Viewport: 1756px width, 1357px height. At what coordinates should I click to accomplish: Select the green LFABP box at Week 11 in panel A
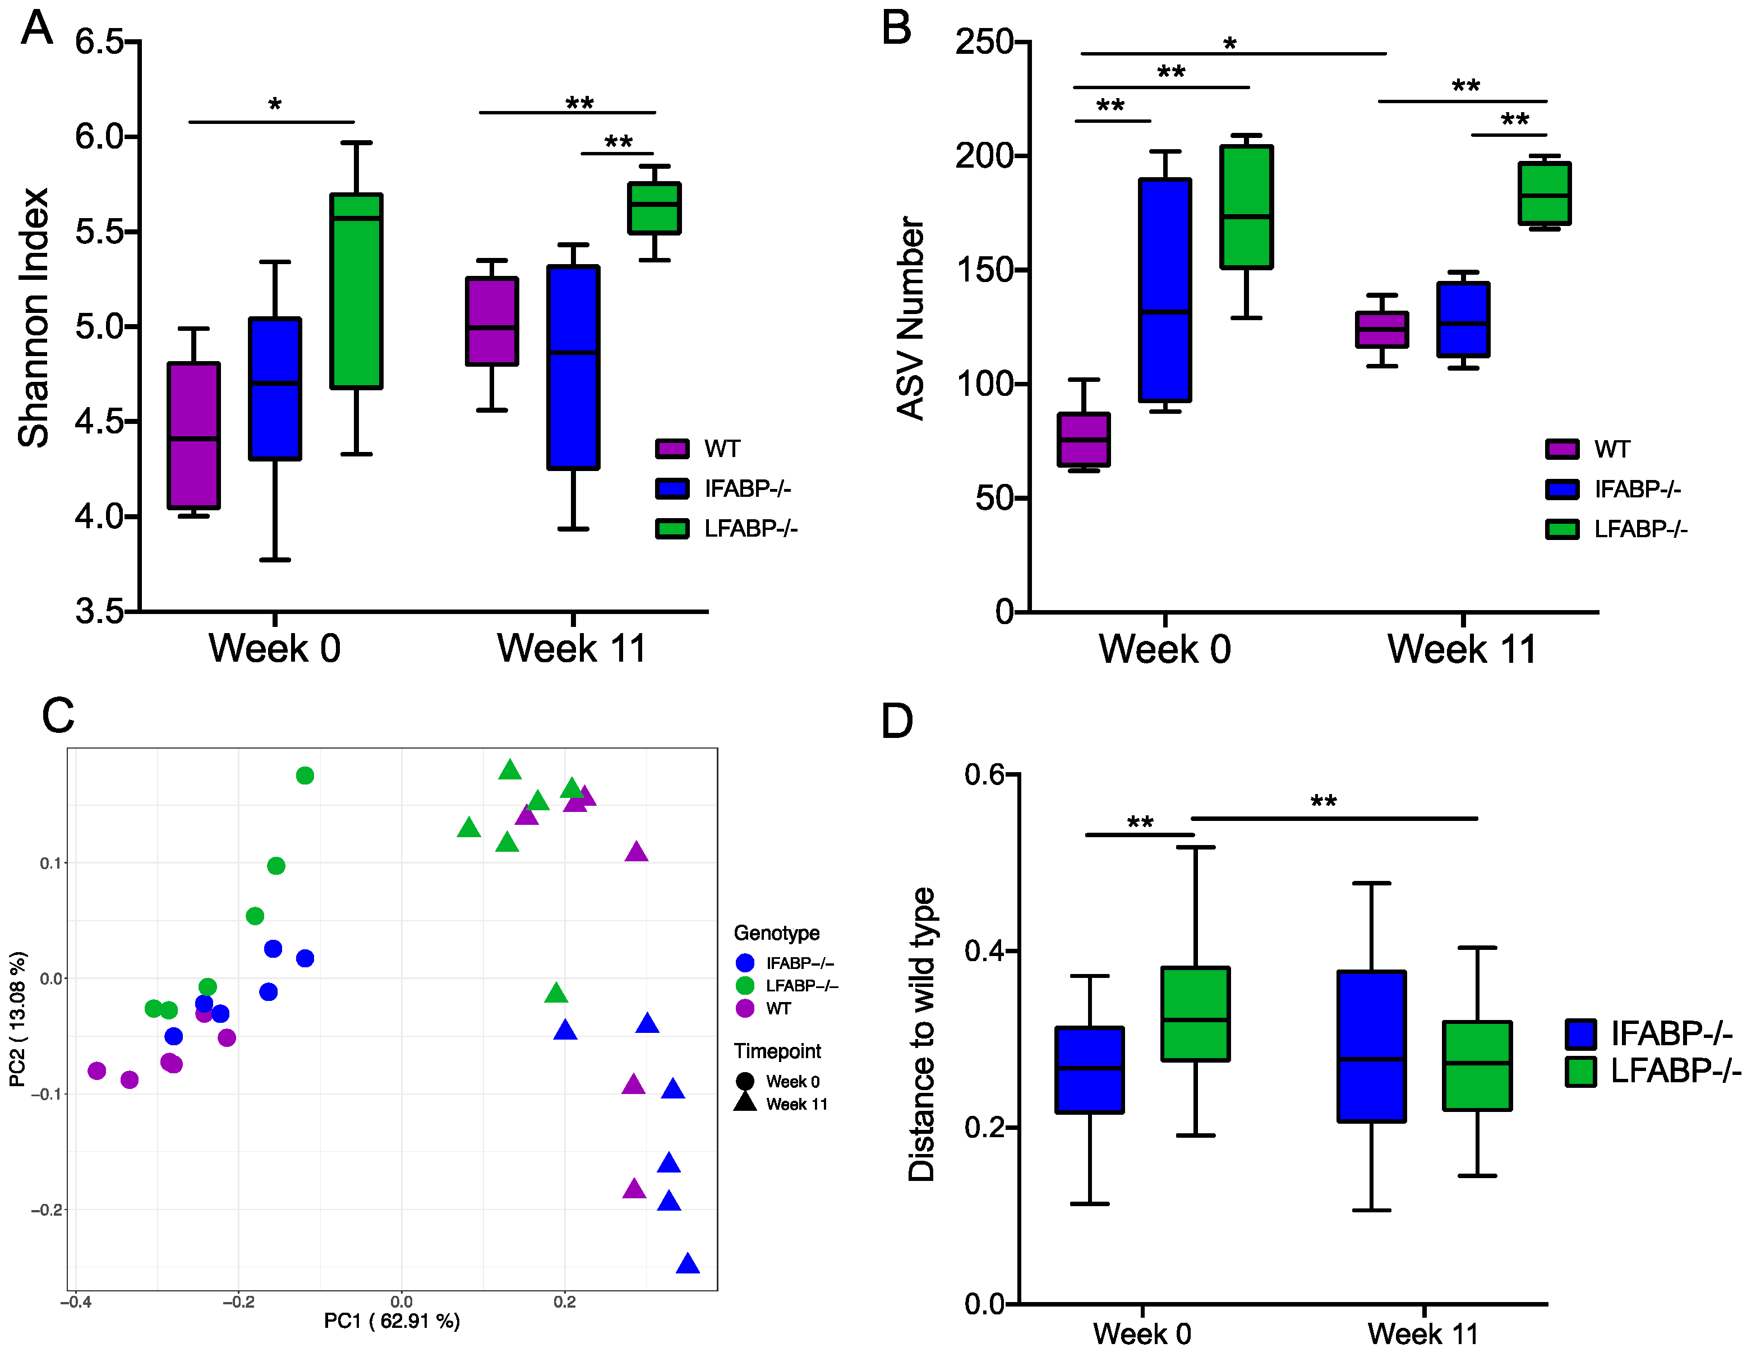click(x=654, y=208)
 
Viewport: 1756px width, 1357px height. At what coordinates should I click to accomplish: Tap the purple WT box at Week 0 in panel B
click(x=1084, y=440)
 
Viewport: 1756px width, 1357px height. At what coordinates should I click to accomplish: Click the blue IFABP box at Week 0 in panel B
click(x=1165, y=289)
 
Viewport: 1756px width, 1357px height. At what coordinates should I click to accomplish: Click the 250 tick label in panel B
click(x=984, y=42)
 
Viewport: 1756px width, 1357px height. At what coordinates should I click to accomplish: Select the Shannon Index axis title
click(x=34, y=317)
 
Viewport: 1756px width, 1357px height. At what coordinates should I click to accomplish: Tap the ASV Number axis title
click(x=911, y=317)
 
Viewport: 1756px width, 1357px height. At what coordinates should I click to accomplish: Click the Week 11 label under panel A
click(x=571, y=648)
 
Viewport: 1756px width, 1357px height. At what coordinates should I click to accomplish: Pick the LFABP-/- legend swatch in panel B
click(x=1561, y=529)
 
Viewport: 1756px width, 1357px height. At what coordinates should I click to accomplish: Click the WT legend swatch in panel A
click(x=671, y=449)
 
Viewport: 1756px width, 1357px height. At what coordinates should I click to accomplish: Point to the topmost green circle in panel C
click(x=305, y=775)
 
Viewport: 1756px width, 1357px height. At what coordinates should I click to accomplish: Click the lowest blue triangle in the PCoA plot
click(x=688, y=1264)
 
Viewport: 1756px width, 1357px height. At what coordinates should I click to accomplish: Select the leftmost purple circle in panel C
click(x=97, y=1070)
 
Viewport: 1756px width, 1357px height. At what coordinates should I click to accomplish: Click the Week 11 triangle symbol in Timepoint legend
click(x=745, y=1103)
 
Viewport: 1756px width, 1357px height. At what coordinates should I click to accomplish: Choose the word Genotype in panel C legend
click(x=777, y=933)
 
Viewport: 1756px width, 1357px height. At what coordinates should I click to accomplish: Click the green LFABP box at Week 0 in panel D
click(x=1196, y=1014)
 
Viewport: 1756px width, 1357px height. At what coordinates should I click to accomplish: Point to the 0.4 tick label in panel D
click(x=985, y=951)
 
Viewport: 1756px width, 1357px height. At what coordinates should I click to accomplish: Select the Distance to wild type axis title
click(x=921, y=1035)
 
